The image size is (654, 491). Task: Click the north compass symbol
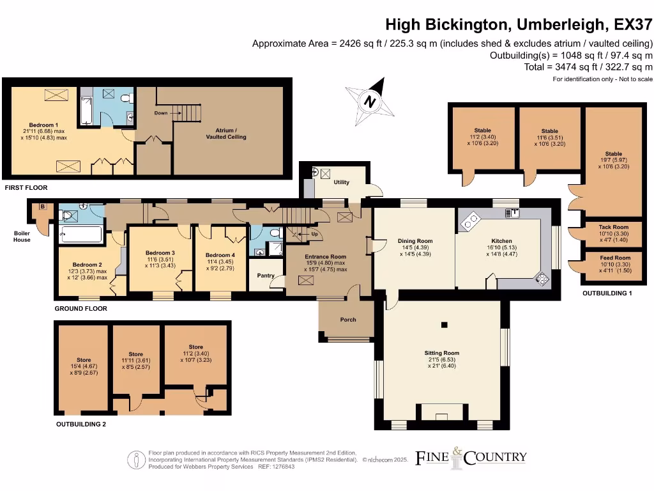(x=369, y=101)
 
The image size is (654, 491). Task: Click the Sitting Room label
(x=441, y=353)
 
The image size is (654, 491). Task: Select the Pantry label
(x=266, y=276)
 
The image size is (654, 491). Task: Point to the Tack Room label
(x=613, y=227)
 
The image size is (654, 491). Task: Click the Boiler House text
(x=22, y=237)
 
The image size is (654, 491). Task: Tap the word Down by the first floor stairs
(x=161, y=113)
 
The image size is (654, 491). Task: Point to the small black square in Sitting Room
(x=441, y=325)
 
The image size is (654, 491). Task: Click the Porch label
(x=348, y=320)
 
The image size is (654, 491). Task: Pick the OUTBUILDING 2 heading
(x=80, y=424)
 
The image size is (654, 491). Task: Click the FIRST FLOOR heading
(x=26, y=188)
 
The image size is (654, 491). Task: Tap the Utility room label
(x=342, y=182)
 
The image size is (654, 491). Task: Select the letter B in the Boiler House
(x=43, y=207)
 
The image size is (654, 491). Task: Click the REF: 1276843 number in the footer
(x=276, y=467)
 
